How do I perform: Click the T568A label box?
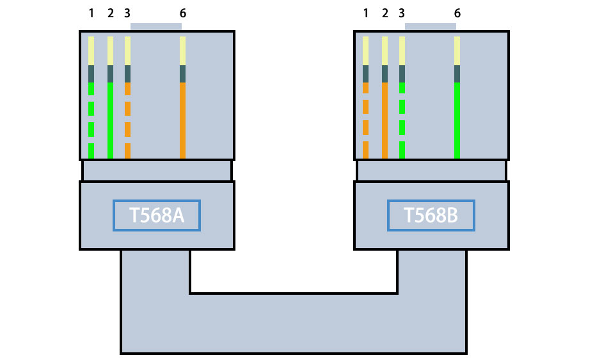[157, 215]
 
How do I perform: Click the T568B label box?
[431, 215]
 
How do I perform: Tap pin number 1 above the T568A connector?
[91, 13]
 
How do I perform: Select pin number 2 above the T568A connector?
[111, 13]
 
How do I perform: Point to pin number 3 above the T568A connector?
[127, 13]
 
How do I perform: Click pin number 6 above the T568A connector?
[183, 13]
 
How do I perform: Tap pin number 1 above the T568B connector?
[366, 13]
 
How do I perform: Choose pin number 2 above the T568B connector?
[385, 13]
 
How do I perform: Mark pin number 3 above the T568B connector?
[401, 13]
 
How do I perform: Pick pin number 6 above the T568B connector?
[457, 13]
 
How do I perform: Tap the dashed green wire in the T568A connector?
[91, 109]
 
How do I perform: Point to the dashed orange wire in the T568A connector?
[127, 109]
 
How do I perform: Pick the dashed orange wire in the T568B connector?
[366, 107]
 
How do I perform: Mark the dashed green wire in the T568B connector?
[402, 107]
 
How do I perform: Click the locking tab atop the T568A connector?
[156, 27]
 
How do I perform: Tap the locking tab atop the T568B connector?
[431, 27]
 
